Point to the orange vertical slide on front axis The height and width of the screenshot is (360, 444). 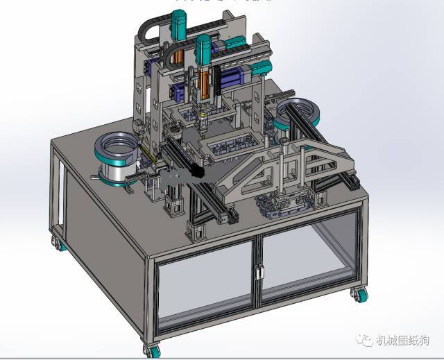click(x=205, y=87)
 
